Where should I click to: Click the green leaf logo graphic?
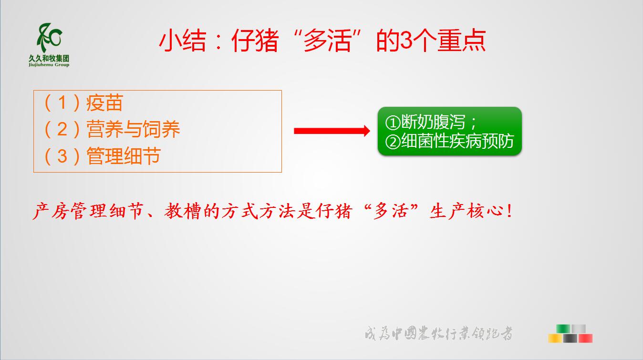49,38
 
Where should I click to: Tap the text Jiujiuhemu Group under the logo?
49,65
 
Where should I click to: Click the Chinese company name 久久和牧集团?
49,59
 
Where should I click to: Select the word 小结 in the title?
183,41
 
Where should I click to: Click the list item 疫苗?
104,103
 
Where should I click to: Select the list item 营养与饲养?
133,129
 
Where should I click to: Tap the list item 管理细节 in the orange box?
124,156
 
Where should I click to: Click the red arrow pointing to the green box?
332,131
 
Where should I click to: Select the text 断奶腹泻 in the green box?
433,122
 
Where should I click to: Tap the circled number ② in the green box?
393,142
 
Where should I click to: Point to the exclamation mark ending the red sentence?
509,211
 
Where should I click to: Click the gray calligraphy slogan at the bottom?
439,333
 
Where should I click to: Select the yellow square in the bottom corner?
555,338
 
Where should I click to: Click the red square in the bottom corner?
585,338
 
